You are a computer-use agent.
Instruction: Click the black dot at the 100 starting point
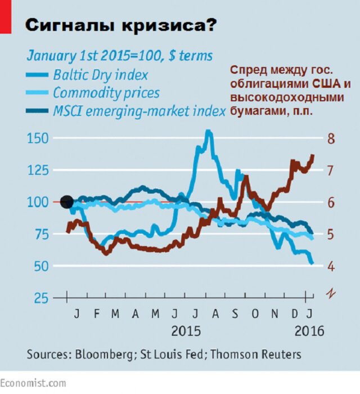click(66, 202)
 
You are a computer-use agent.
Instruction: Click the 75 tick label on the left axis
click(40, 234)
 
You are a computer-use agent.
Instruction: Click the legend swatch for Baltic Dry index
click(38, 74)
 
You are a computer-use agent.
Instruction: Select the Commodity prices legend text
click(106, 93)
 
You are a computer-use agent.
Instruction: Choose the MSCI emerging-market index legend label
click(139, 111)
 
